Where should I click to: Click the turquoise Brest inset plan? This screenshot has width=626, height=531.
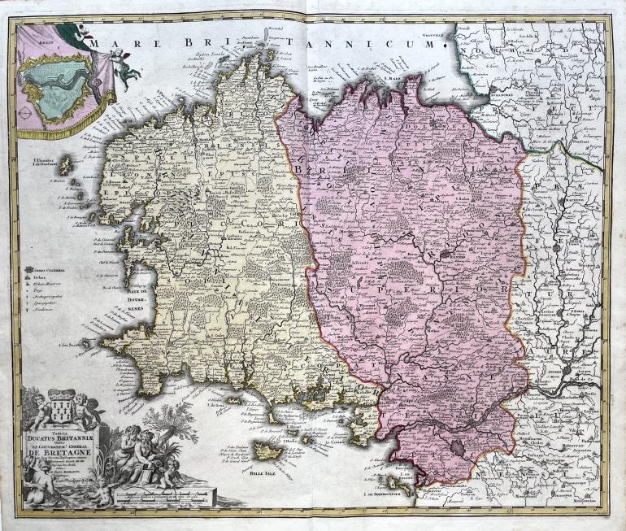(53, 85)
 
